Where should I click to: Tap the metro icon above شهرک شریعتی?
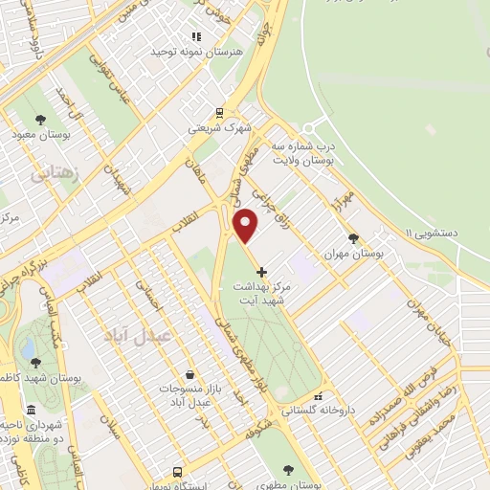pyautogui.click(x=219, y=111)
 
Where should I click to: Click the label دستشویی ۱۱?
pyautogui.click(x=435, y=233)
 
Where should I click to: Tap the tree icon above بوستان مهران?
pyautogui.click(x=353, y=239)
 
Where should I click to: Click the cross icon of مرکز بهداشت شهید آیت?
pyautogui.click(x=261, y=272)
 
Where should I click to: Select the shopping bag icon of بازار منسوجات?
pyautogui.click(x=189, y=374)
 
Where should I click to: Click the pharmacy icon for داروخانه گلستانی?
pyautogui.click(x=319, y=396)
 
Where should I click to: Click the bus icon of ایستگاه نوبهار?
pyautogui.click(x=177, y=472)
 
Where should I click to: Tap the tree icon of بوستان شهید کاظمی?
pyautogui.click(x=35, y=363)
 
